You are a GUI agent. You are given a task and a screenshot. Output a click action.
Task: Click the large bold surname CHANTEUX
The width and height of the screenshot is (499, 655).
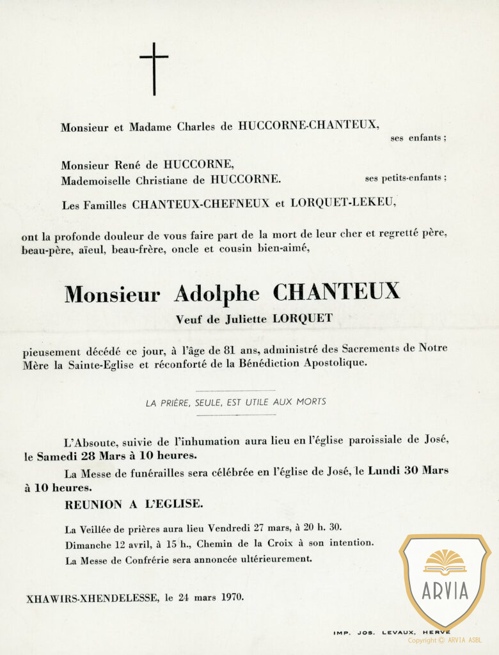point(337,292)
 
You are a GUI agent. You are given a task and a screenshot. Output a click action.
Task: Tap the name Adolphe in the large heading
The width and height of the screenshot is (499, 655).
point(217,294)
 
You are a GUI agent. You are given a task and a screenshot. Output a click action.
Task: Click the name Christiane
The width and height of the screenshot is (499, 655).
point(169,180)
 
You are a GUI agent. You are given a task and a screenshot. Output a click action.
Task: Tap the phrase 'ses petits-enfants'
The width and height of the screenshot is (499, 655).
point(406,178)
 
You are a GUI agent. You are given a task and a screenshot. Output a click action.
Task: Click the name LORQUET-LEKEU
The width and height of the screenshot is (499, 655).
point(344,204)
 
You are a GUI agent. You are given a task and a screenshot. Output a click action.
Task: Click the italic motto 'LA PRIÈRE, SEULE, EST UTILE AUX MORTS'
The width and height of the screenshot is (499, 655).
point(235,402)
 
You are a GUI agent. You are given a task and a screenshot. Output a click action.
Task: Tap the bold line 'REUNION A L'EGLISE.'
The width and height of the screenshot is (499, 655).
point(134,505)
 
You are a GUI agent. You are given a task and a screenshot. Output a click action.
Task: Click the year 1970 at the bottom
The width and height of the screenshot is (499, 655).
point(232,599)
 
